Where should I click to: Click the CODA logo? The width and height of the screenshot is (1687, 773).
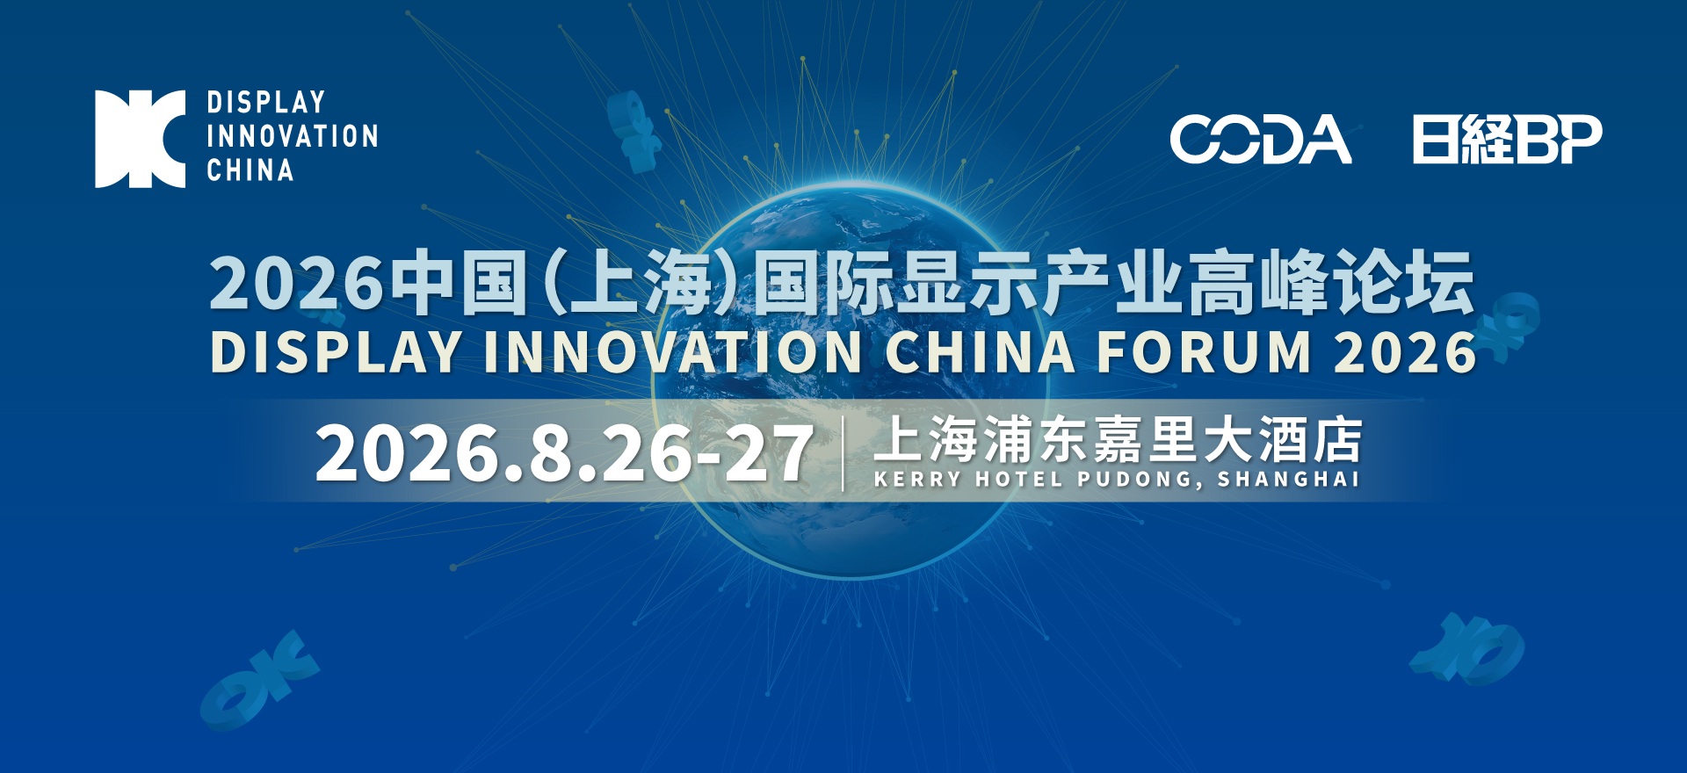click(x=1260, y=140)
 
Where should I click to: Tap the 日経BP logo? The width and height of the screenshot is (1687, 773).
click(x=1507, y=140)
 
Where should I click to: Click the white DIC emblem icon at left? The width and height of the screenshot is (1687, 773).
click(x=141, y=139)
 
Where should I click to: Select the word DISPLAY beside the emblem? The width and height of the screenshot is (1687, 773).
click(x=266, y=103)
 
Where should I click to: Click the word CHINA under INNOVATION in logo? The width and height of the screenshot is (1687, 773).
click(x=250, y=170)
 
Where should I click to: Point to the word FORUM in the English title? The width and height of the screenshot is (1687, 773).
click(x=1205, y=353)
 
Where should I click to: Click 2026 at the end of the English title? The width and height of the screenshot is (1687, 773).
click(x=1405, y=353)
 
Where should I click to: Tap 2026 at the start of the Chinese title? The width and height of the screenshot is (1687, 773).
click(x=296, y=284)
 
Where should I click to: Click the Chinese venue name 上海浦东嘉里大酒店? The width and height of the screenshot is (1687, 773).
click(x=1118, y=440)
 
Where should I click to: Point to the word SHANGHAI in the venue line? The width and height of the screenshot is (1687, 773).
click(x=1288, y=480)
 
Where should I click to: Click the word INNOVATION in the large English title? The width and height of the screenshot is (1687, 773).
click(x=673, y=353)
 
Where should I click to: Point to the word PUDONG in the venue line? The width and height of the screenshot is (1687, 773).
click(x=1139, y=480)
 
